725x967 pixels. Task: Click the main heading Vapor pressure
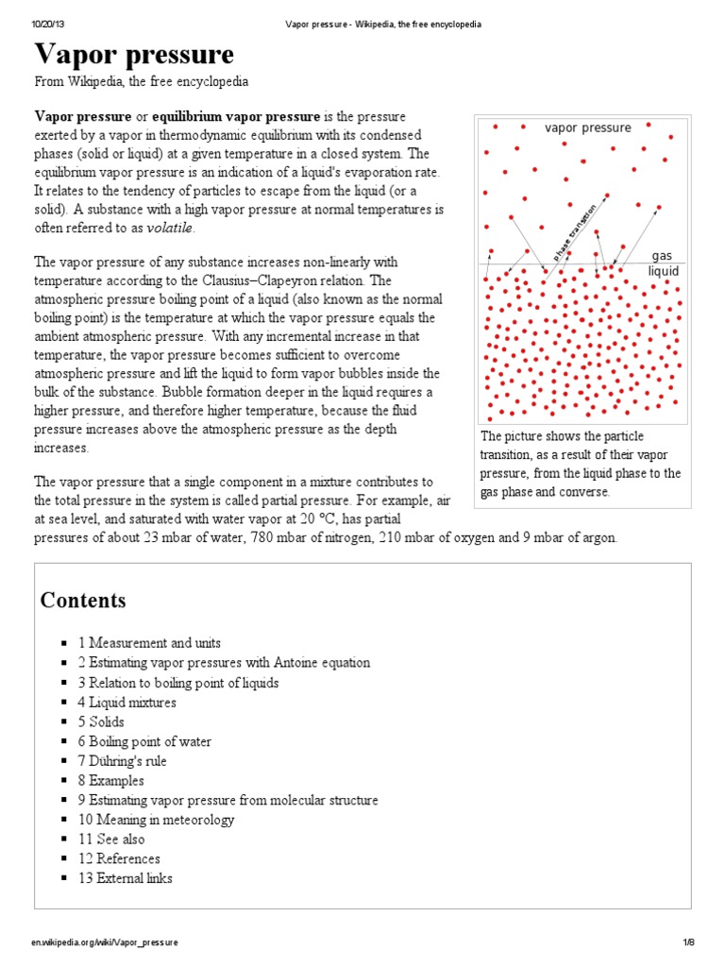[x=134, y=54]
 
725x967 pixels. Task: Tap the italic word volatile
[x=170, y=228]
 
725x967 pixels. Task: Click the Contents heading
[x=83, y=601]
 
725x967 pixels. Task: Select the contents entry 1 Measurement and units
[x=156, y=643]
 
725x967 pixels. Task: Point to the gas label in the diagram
[x=662, y=256]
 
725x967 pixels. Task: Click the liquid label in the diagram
[x=663, y=271]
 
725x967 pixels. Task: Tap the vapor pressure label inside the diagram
[x=588, y=127]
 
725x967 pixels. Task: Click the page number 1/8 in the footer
[x=688, y=942]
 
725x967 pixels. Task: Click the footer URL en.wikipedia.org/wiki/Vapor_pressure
[x=105, y=942]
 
